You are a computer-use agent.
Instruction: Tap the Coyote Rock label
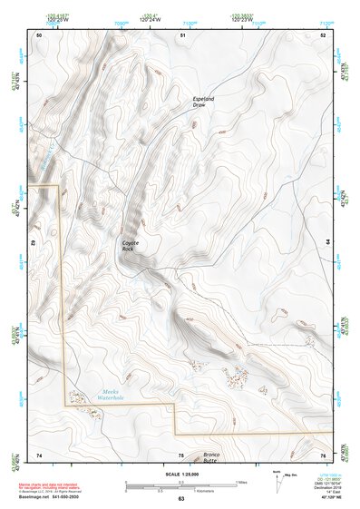click(134, 246)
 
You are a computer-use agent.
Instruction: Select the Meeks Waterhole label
click(111, 396)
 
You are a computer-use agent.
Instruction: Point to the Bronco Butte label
click(211, 457)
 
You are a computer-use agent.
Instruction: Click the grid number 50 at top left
click(39, 34)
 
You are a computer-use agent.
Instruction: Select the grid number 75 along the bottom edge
click(180, 455)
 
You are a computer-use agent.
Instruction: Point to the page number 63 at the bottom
click(180, 499)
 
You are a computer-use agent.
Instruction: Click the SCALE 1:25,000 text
click(179, 475)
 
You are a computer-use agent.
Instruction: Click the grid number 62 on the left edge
click(33, 243)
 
